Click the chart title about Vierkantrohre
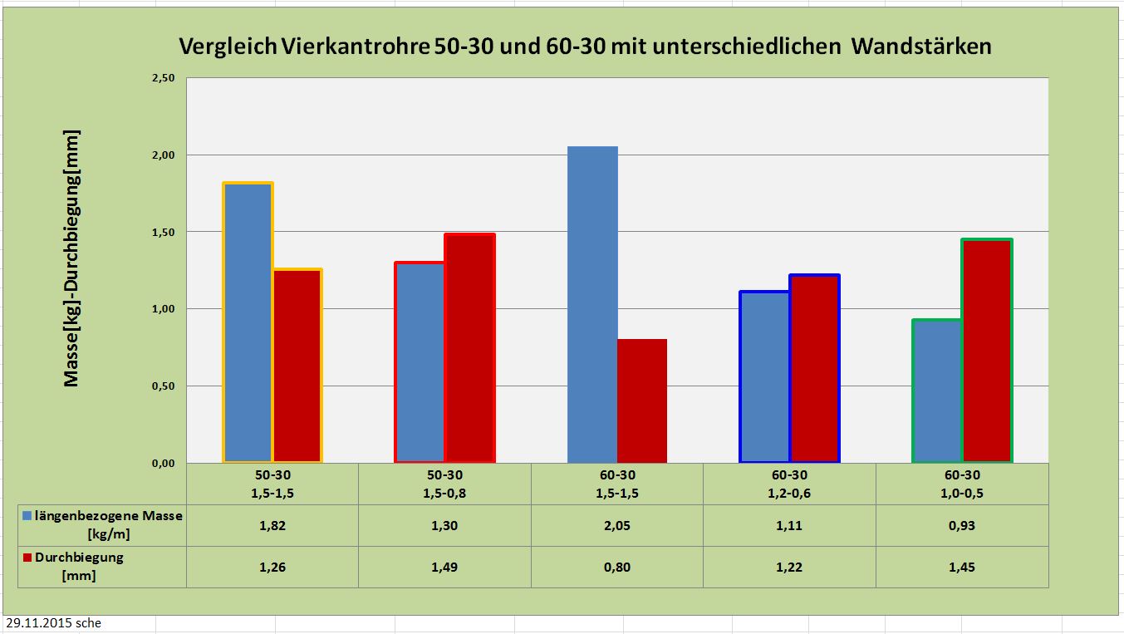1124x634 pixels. coord(585,47)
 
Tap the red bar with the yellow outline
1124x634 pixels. coord(297,366)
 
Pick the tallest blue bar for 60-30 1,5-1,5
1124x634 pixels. coord(592,304)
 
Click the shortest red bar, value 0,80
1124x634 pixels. coord(642,401)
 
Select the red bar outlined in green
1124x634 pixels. coord(987,351)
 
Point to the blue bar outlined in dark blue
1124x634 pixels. coord(764,376)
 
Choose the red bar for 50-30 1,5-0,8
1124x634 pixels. coord(469,348)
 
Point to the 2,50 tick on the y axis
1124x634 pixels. coord(163,78)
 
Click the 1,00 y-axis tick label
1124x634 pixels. coord(163,309)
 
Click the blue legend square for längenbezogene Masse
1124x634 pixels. coord(28,516)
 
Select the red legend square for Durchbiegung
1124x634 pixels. coord(28,558)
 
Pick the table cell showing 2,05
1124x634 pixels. coord(617,525)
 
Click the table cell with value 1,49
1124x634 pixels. coord(444,567)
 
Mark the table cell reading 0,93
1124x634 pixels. coord(962,525)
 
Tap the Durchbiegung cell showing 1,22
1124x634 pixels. coord(789,567)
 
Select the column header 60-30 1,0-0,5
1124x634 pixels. coord(962,484)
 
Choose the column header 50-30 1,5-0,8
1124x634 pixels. coord(444,484)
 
